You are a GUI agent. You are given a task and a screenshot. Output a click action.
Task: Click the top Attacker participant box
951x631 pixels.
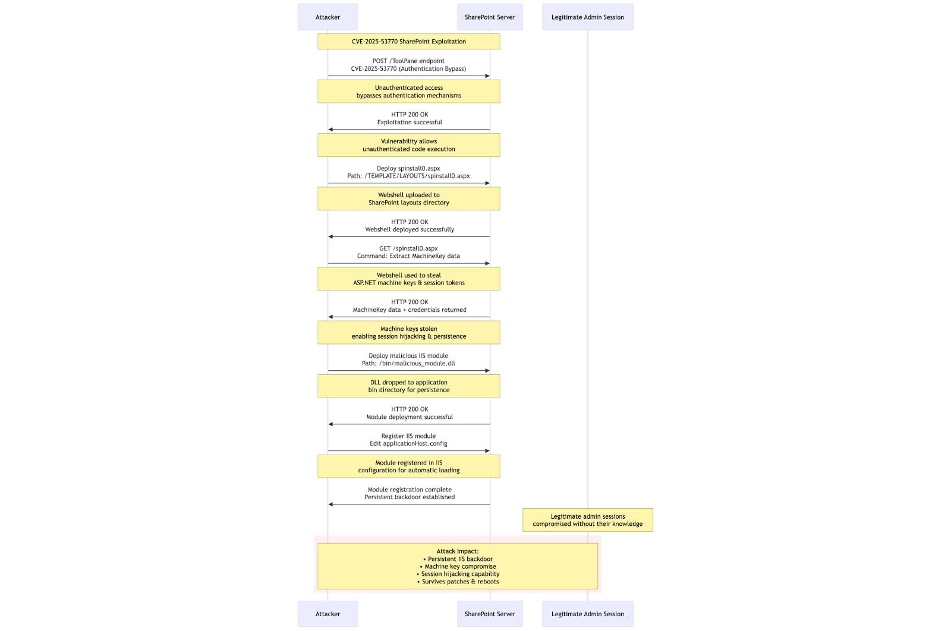point(328,17)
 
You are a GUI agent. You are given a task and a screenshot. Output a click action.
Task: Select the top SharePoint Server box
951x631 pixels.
point(490,17)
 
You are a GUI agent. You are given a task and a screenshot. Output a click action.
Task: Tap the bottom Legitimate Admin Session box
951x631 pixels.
point(588,614)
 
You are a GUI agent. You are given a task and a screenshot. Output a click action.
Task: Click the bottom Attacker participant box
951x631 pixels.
point(328,614)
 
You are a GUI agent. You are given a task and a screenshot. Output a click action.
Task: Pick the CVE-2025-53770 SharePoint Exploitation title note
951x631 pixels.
point(409,42)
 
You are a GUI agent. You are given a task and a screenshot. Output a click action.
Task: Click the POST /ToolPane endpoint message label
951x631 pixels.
point(408,61)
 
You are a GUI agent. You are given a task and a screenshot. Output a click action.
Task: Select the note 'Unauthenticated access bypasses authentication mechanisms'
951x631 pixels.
point(409,92)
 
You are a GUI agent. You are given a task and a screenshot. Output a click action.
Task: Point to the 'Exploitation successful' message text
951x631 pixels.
point(410,122)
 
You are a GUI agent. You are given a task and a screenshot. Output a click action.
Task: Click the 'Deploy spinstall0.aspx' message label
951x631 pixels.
point(408,168)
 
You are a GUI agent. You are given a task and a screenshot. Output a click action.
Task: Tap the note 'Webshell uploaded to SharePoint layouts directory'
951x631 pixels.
point(409,198)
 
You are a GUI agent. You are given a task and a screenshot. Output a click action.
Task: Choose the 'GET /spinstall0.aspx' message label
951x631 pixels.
point(408,248)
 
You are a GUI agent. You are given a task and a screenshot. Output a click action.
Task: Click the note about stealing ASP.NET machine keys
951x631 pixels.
point(409,279)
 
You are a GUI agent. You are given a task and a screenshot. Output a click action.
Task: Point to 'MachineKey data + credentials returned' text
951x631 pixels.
point(410,310)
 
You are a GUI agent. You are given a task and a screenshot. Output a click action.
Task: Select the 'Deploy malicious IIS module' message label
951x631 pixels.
point(408,355)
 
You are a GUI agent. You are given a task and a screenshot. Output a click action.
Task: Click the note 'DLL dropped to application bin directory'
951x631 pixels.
point(409,386)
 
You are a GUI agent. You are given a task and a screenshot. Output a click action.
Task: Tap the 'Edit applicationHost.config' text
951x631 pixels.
point(408,443)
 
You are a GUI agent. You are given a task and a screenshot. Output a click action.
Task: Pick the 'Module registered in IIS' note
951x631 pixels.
point(409,466)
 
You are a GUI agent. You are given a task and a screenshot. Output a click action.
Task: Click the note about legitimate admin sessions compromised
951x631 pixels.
point(588,520)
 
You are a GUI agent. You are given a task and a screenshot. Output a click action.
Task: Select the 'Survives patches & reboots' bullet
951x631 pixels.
point(458,582)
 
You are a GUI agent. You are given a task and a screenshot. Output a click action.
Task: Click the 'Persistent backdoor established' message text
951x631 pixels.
point(410,497)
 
